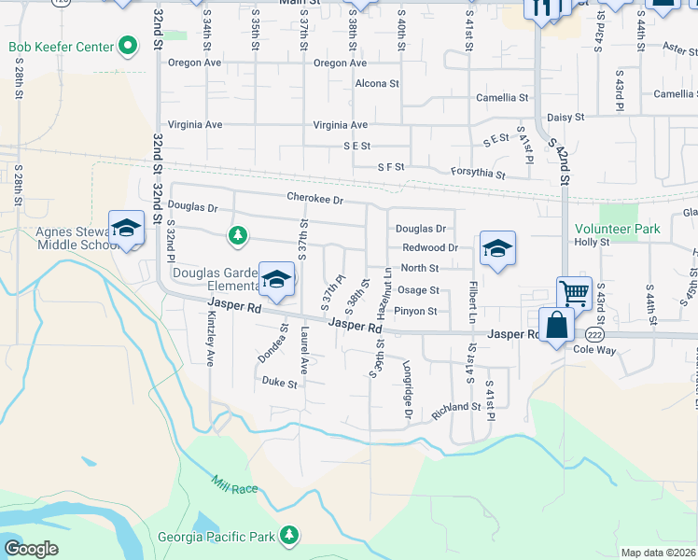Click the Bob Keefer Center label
click(x=59, y=47)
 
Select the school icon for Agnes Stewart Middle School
click(x=126, y=229)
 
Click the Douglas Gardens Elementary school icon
click(x=276, y=278)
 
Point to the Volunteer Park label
click(x=617, y=229)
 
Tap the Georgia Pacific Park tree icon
click(x=290, y=534)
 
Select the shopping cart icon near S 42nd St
click(x=574, y=293)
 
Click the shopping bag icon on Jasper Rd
click(x=556, y=327)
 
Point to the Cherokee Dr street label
click(x=315, y=199)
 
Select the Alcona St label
click(x=377, y=83)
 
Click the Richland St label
click(x=455, y=411)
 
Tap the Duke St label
click(x=279, y=382)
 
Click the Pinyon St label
click(x=415, y=311)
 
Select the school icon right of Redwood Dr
click(x=497, y=249)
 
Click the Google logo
click(x=32, y=549)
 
